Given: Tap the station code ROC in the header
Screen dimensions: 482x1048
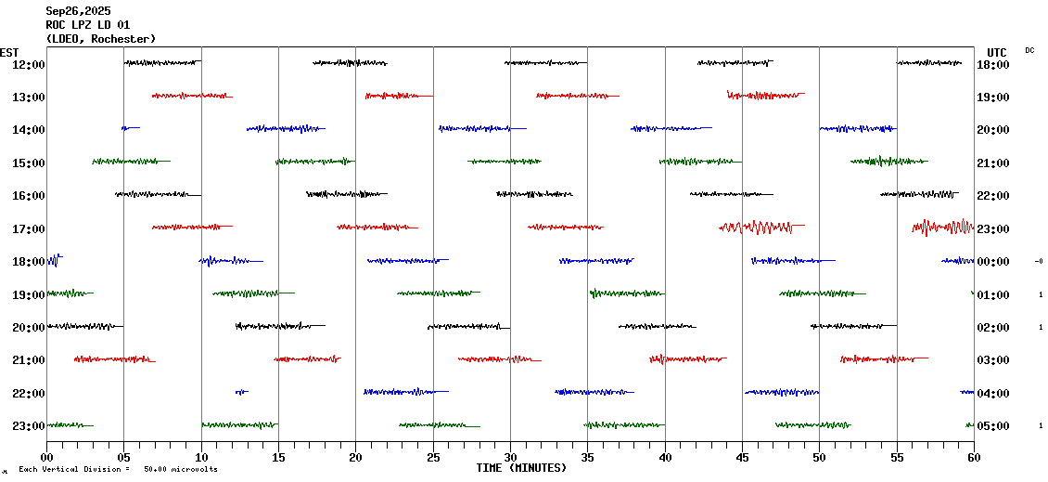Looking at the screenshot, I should (x=57, y=25).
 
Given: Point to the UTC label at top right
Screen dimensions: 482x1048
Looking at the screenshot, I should (x=996, y=52).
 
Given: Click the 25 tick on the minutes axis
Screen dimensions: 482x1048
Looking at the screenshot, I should (x=433, y=457).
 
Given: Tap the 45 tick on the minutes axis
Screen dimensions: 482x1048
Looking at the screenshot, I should (x=742, y=457).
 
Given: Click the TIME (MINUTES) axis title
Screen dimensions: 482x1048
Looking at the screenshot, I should (x=521, y=468).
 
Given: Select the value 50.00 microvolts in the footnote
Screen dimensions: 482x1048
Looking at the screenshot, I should (x=181, y=470).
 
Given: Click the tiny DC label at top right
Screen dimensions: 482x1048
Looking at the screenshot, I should (x=1029, y=50).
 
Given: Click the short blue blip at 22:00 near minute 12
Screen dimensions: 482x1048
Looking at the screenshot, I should (x=241, y=392).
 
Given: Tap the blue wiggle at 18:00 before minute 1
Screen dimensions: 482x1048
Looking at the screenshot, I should (x=53, y=260).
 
